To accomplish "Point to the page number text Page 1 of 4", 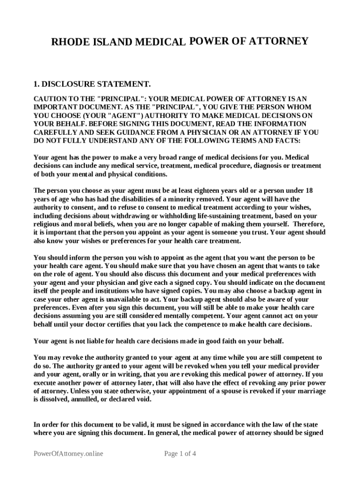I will pyautogui.click(x=180, y=454).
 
